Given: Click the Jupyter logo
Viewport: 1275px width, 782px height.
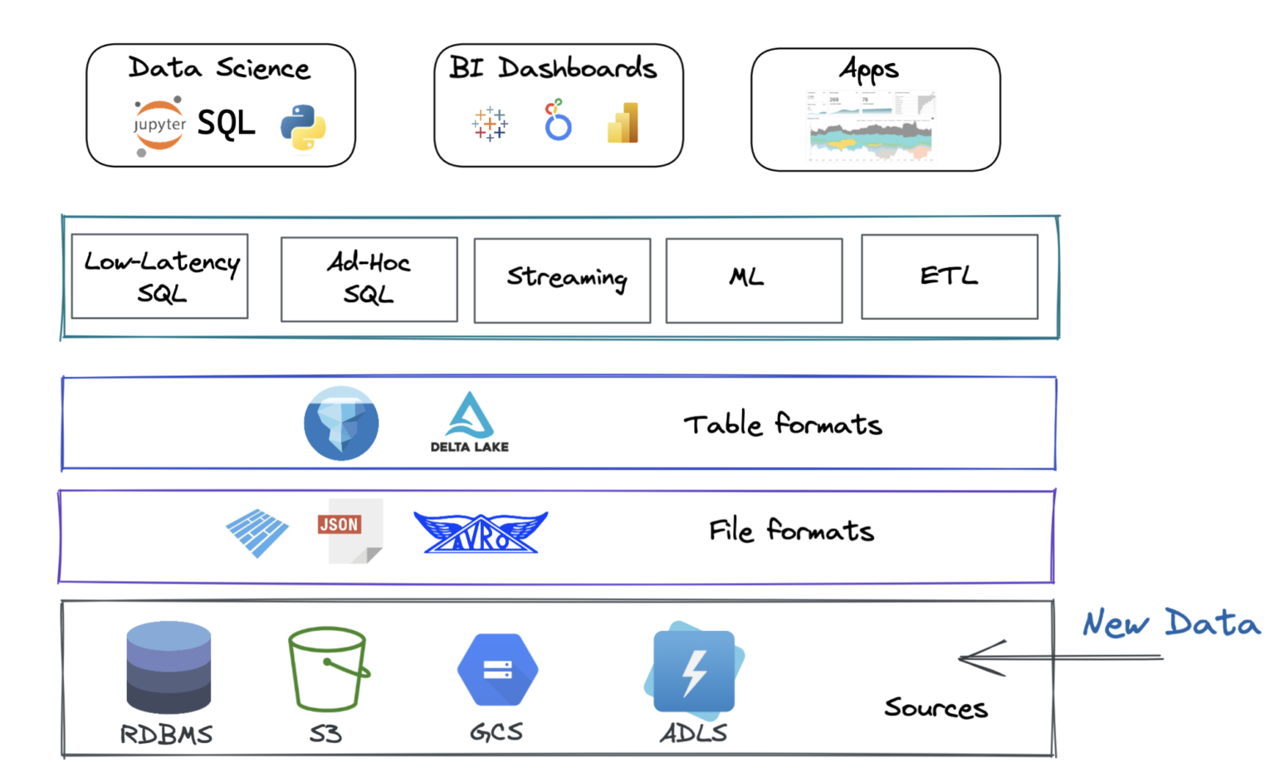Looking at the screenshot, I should tap(159, 125).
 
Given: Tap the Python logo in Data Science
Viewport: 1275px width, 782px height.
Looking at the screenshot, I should tap(303, 128).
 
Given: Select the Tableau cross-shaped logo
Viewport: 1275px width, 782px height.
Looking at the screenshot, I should tap(490, 124).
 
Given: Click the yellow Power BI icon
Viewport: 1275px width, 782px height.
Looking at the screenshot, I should tap(623, 124).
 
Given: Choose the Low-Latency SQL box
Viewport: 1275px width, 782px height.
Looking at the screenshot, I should tap(160, 276).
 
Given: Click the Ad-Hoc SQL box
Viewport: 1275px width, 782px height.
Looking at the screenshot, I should tap(369, 279).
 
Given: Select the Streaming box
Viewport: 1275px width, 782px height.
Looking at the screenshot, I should tap(562, 281).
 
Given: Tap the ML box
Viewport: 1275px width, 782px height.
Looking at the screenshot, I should tap(754, 281).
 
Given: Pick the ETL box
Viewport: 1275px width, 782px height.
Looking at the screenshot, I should tap(950, 277).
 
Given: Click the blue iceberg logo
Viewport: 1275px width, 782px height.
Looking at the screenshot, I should tap(341, 423).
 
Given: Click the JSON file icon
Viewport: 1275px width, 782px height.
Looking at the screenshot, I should tap(349, 530).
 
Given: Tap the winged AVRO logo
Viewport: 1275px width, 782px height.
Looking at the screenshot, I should tap(481, 533).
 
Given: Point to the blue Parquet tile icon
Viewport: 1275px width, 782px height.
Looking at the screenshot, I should tap(257, 532).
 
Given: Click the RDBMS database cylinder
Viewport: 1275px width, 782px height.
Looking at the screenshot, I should tap(169, 667).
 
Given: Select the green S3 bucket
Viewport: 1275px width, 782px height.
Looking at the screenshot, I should tap(328, 669).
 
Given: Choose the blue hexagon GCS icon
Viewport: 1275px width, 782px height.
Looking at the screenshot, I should tap(497, 670).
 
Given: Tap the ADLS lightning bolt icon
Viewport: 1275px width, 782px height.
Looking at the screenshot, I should tap(694, 671).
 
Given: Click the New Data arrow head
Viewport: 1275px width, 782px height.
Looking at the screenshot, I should tap(967, 658).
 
